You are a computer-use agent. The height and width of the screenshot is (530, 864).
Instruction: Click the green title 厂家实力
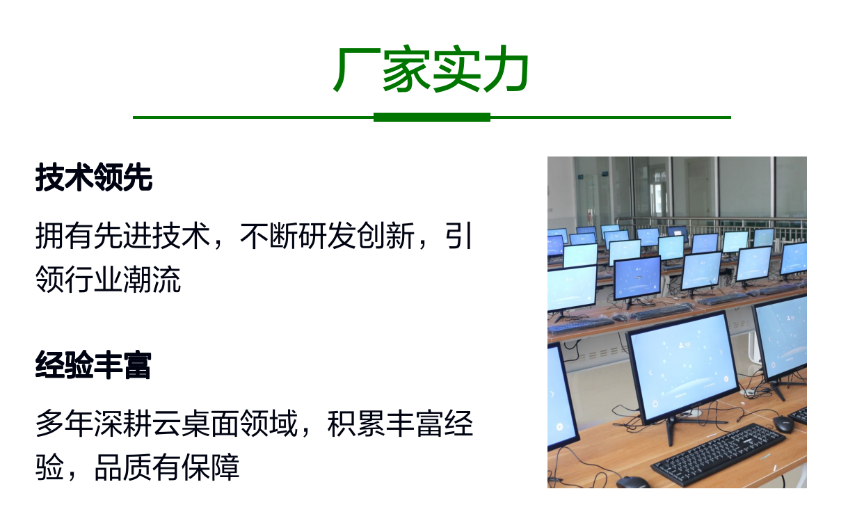click(x=431, y=70)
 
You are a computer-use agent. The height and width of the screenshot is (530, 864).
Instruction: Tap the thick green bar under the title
click(x=431, y=118)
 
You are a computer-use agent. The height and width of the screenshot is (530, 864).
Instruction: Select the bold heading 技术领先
click(x=94, y=177)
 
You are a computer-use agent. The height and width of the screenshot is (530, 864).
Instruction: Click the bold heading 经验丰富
click(x=93, y=365)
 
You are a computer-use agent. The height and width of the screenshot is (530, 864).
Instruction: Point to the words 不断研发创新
click(x=327, y=236)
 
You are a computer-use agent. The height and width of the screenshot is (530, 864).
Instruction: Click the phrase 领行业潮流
click(x=108, y=280)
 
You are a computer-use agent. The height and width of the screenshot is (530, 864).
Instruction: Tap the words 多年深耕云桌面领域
click(x=167, y=424)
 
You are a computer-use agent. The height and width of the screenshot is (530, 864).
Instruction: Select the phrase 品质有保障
click(x=167, y=467)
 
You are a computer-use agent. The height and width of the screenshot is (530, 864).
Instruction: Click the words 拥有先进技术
click(x=122, y=236)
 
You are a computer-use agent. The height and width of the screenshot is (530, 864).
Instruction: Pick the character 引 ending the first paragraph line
click(x=458, y=236)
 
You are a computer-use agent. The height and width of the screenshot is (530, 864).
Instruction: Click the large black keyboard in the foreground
click(x=718, y=454)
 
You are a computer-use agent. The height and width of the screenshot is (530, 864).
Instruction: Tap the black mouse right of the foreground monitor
click(x=783, y=424)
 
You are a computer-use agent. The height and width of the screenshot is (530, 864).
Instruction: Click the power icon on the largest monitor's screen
click(x=655, y=403)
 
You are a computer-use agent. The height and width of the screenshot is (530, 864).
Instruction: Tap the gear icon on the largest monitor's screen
click(x=726, y=379)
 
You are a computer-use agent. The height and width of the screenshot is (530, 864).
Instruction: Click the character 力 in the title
click(x=506, y=70)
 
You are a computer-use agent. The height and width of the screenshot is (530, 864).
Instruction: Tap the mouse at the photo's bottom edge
click(x=632, y=482)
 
